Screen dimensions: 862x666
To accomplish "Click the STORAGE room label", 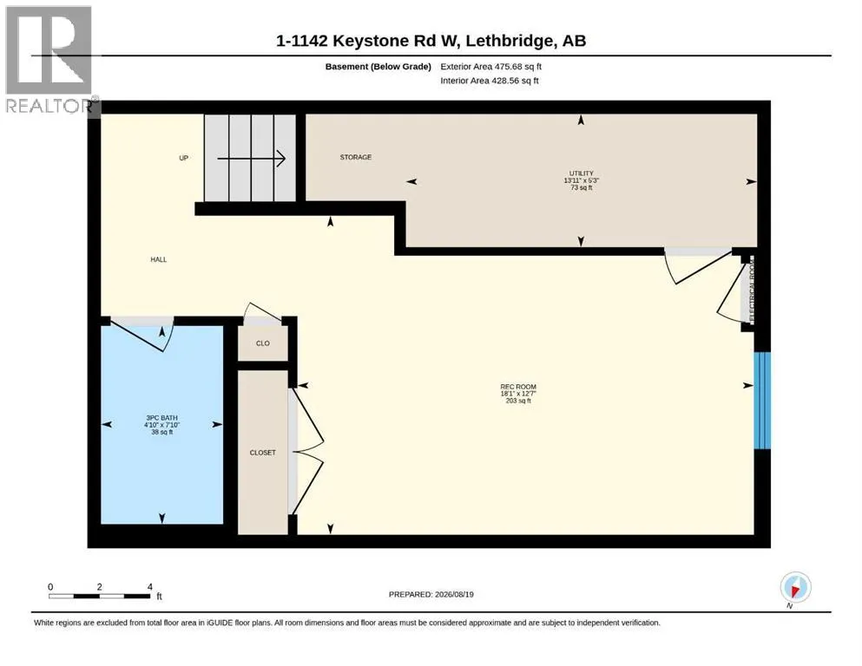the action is [356, 157].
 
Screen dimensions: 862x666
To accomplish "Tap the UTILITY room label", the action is [581, 173].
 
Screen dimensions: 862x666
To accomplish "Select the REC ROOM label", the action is [518, 387].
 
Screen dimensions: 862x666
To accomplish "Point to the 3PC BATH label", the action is [161, 418].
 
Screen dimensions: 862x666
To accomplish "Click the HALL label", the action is [158, 259].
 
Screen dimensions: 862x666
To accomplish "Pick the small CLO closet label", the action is [263, 343].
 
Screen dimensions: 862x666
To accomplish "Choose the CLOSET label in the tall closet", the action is [263, 453].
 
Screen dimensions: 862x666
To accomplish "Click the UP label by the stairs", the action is [184, 158].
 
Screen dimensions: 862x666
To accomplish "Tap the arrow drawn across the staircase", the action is [251, 159].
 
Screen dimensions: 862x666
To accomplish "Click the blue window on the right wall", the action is [762, 401].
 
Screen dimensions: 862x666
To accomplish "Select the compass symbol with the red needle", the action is [795, 587].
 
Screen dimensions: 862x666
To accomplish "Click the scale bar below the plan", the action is [100, 596].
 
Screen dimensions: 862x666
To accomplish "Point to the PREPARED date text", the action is [431, 594].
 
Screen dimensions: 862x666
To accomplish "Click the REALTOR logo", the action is [50, 60].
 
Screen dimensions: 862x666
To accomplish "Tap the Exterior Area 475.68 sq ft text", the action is [491, 67].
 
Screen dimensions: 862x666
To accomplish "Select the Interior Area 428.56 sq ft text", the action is [490, 81].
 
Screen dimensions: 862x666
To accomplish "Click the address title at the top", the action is [431, 41].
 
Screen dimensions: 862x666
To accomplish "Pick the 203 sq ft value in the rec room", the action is [518, 401].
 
